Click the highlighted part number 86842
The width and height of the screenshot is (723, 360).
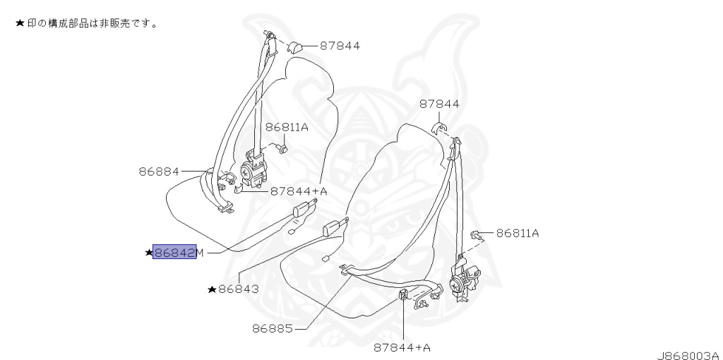pos(175,252)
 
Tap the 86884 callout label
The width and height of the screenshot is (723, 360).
pos(159,172)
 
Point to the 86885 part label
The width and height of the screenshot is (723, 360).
pos(273,329)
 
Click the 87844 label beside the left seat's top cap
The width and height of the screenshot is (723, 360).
pos(340,46)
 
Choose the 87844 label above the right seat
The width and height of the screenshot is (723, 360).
pos(439,104)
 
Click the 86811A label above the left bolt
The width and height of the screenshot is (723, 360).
pos(287,127)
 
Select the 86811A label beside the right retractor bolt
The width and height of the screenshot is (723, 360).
pos(518,233)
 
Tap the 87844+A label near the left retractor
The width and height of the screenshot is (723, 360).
pos(299,191)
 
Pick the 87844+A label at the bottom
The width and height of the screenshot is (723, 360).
pos(402,347)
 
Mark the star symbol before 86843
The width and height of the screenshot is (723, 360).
pos(212,289)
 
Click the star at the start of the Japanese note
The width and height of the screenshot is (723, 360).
pos(20,23)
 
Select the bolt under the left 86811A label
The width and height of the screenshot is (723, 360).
pos(282,148)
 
